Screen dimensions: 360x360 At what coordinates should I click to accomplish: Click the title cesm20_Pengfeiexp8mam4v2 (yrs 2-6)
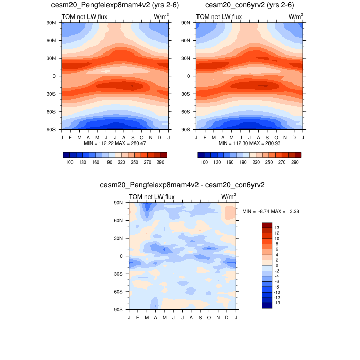click(115, 5)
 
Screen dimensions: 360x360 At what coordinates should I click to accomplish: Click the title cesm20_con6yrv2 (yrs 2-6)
click(249, 5)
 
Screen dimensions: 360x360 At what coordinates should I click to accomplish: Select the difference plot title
click(183, 184)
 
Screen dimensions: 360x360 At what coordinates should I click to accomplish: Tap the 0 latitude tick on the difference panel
click(123, 256)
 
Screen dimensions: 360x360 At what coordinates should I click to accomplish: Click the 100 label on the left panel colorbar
click(69, 162)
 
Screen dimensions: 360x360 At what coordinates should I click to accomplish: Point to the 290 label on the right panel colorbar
click(295, 162)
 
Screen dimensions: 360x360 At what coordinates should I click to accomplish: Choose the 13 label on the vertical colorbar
click(277, 227)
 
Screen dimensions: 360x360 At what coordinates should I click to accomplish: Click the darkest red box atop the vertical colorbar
click(266, 225)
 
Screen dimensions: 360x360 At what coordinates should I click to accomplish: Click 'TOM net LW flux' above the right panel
click(219, 17)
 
